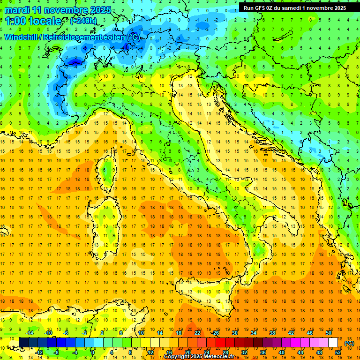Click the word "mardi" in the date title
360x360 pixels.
[18, 10]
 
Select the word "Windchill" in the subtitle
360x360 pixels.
[22, 37]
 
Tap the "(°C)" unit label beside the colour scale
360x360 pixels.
[349, 343]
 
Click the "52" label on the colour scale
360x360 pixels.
[337, 352]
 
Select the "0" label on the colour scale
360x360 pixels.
[93, 352]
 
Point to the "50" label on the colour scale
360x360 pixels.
[328, 333]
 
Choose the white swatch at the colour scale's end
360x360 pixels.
[333, 343]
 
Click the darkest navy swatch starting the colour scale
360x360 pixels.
[23, 343]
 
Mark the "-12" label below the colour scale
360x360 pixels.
[39, 352]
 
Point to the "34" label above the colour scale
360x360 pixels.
[253, 333]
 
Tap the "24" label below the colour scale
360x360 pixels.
[206, 352]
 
